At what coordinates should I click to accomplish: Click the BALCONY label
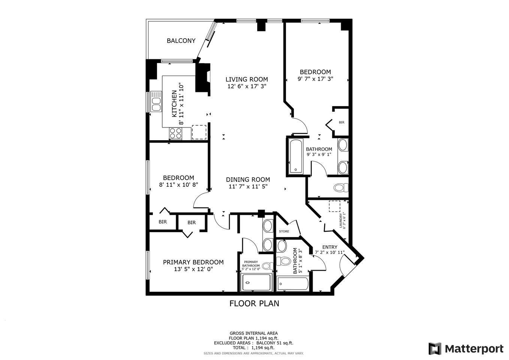(181, 40)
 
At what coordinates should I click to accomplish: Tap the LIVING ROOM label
(247, 79)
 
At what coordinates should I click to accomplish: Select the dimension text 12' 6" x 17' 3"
(247, 86)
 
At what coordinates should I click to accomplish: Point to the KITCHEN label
(174, 103)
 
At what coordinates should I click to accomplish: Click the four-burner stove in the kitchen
(176, 133)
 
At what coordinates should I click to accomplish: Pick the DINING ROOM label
(248, 180)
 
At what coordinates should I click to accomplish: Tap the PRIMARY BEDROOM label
(193, 262)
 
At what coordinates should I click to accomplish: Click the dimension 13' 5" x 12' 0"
(193, 269)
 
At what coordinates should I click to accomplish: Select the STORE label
(284, 231)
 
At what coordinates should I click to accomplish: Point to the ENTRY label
(330, 247)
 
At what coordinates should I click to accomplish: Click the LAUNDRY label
(341, 220)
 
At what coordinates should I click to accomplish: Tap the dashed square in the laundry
(334, 206)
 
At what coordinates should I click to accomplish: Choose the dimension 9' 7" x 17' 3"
(315, 79)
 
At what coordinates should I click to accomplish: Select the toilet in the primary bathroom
(268, 265)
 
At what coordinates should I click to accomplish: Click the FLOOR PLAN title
(254, 303)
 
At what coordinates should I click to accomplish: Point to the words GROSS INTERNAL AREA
(254, 333)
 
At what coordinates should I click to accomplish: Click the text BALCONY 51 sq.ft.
(275, 343)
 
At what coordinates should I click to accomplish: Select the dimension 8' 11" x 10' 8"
(178, 184)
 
